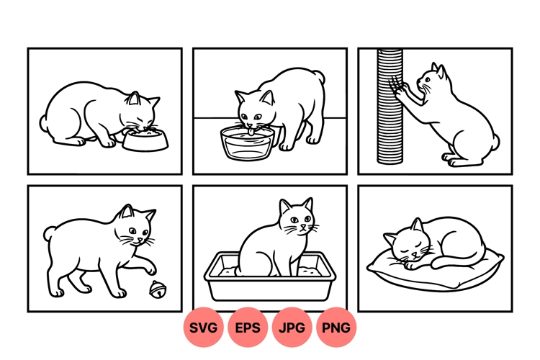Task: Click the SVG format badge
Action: click(x=204, y=328)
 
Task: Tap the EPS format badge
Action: click(x=248, y=328)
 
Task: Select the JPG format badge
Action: click(x=292, y=328)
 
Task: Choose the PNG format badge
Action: click(x=336, y=328)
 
